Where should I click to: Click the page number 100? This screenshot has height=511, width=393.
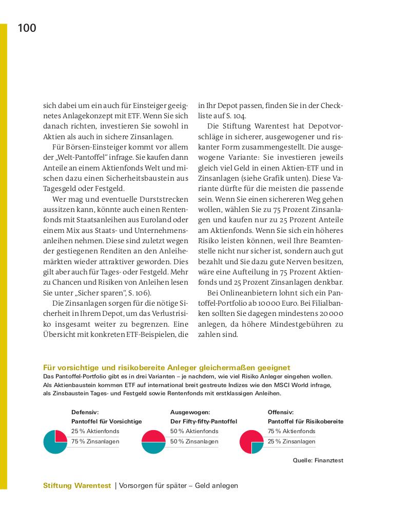click(x=27, y=29)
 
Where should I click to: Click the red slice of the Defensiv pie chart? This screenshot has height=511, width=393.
click(x=61, y=436)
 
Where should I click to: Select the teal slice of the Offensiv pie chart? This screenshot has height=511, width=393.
click(x=257, y=447)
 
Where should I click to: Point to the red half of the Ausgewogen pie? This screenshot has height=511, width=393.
click(x=153, y=436)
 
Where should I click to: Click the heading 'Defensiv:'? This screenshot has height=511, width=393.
click(x=85, y=412)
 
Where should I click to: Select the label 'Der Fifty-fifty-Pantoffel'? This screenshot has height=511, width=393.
click(x=203, y=421)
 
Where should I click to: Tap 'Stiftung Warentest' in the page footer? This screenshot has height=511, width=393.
click(x=77, y=486)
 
